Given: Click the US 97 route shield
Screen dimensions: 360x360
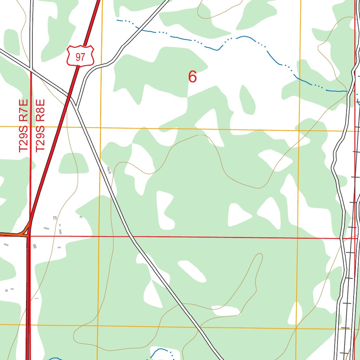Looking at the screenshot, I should point(80,56).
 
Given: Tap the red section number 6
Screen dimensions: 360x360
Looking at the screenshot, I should point(192,77).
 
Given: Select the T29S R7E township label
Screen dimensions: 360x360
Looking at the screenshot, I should point(23,126).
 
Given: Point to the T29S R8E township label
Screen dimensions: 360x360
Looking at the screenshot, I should point(40,126).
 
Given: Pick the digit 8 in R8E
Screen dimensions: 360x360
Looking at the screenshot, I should point(40,110).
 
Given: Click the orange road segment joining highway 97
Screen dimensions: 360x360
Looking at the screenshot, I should point(14,234).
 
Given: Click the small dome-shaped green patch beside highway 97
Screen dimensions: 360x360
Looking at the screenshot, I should point(73,164).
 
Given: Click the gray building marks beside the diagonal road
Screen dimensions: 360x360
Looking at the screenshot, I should point(109,171).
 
